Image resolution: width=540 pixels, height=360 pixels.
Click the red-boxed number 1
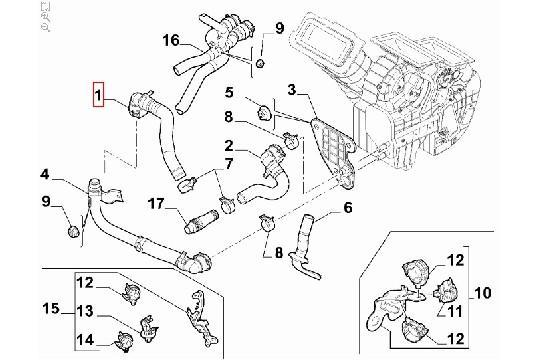point(98,96)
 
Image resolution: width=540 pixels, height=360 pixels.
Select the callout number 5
point(229,93)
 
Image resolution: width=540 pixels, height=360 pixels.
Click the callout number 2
point(229,145)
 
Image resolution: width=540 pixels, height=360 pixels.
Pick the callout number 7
point(229,163)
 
